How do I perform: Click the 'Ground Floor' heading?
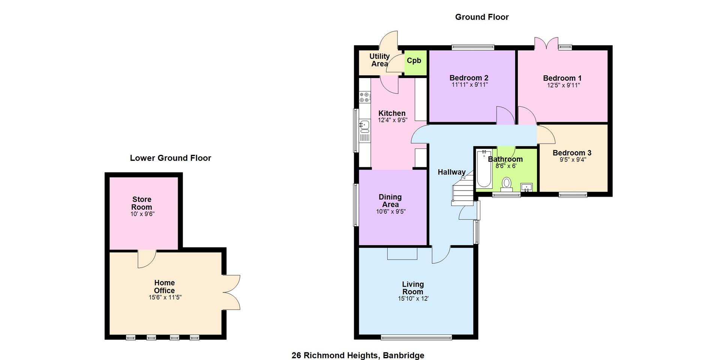pyautogui.click(x=482, y=17)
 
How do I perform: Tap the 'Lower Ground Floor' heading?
pyautogui.click(x=171, y=158)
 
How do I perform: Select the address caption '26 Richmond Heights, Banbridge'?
pyautogui.click(x=358, y=355)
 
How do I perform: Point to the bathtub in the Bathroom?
pyautogui.click(x=484, y=169)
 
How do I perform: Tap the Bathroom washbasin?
pyautogui.click(x=526, y=187)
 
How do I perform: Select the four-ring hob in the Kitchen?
pyautogui.click(x=364, y=97)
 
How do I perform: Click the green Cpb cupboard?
pyautogui.click(x=415, y=62)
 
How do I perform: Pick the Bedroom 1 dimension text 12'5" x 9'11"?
pyautogui.click(x=563, y=85)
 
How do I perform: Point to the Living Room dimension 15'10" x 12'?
pyautogui.click(x=413, y=299)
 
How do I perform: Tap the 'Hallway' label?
pyautogui.click(x=451, y=172)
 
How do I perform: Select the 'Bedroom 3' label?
pyautogui.click(x=572, y=153)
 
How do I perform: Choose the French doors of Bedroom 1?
pyautogui.click(x=547, y=43)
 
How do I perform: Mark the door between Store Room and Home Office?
pyautogui.click(x=147, y=259)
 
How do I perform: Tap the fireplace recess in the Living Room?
pyautogui.click(x=402, y=253)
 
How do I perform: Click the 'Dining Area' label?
pyautogui.click(x=390, y=201)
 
